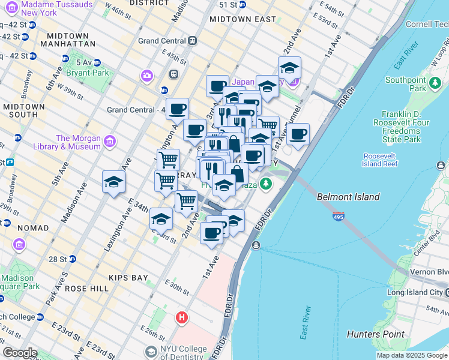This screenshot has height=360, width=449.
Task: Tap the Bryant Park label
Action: [x=92, y=73]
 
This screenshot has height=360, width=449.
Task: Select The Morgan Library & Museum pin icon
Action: [x=109, y=142]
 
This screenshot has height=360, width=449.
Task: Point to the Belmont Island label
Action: [x=348, y=197]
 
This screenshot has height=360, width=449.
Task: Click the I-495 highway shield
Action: [x=338, y=216]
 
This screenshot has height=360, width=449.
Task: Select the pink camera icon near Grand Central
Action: [x=146, y=76]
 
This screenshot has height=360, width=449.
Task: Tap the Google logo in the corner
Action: [x=19, y=353]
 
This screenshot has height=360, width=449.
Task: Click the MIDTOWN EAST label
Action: [x=243, y=19]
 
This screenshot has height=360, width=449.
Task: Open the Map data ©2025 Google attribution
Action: [x=412, y=355]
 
